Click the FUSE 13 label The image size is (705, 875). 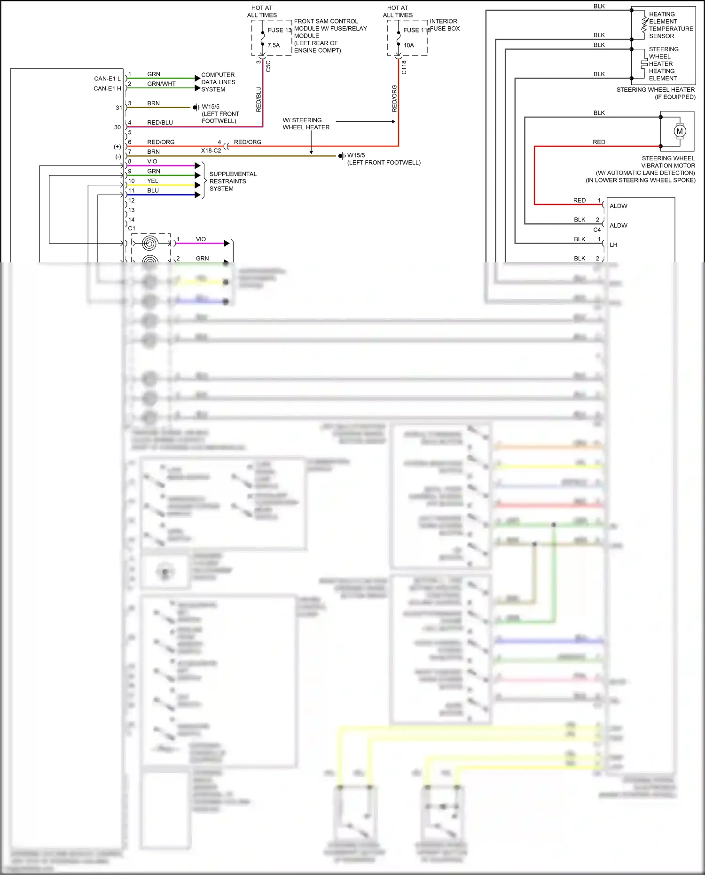click(x=279, y=30)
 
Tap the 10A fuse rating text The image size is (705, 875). click(x=408, y=46)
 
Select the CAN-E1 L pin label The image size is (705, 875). click(x=107, y=79)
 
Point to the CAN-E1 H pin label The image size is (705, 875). click(x=107, y=88)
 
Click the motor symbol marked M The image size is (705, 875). click(x=680, y=131)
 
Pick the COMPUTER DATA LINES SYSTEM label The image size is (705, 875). click(x=218, y=82)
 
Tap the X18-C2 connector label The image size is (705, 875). click(x=211, y=150)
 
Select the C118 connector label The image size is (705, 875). click(x=404, y=67)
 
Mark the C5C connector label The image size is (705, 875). click(x=268, y=66)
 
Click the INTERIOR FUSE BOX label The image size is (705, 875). click(x=444, y=25)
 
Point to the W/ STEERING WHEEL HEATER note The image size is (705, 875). click(x=306, y=124)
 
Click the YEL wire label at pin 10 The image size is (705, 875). click(x=152, y=181)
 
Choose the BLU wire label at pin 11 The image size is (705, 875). click(x=153, y=190)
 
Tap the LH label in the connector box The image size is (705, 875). click(x=613, y=245)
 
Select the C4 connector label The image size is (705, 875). click(x=596, y=230)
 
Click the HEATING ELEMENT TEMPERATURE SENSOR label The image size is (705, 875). click(x=670, y=25)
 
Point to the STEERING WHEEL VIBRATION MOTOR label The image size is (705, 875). click(x=667, y=162)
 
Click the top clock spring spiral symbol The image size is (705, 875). click(x=149, y=243)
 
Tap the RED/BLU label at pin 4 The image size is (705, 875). click(x=160, y=123)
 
